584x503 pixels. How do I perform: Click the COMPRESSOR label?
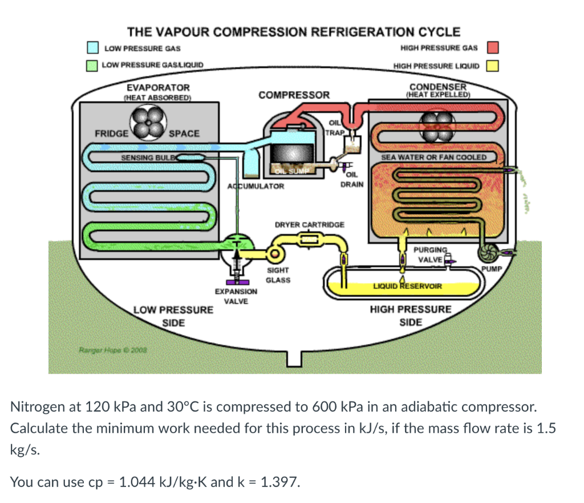click(294, 95)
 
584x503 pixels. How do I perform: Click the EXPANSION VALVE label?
click(236, 296)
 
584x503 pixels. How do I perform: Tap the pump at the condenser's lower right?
click(490, 251)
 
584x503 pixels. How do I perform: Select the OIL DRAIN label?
click(351, 180)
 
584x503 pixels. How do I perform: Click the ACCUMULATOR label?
click(255, 186)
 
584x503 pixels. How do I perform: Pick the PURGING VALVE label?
click(429, 254)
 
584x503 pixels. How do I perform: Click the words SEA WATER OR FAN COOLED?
click(433, 157)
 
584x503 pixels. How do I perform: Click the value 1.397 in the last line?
click(278, 482)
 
